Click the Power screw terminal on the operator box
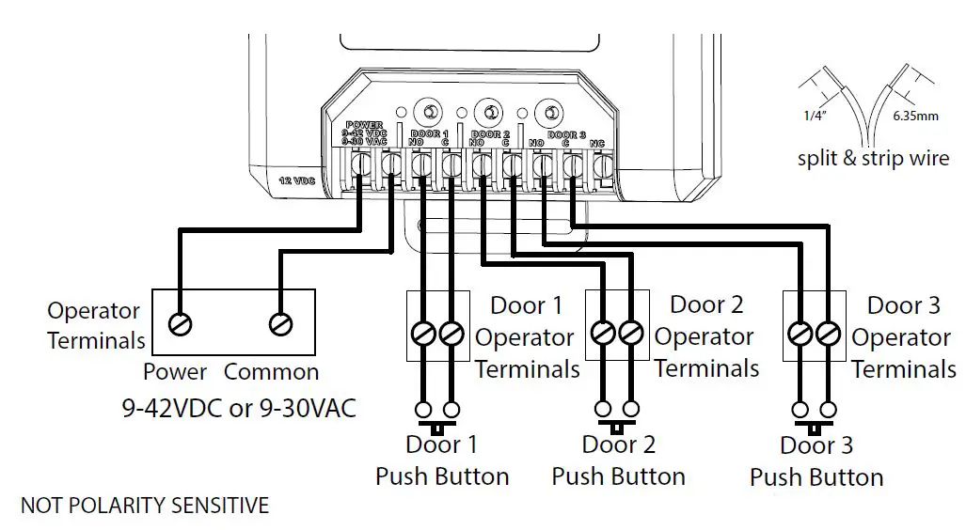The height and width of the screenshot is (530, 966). coord(180,324)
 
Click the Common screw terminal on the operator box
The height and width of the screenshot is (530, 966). coord(279,324)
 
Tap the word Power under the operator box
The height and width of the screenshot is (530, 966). coord(175,372)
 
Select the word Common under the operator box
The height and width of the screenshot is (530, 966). coord(271,372)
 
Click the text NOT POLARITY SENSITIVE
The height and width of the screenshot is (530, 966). coord(144,506)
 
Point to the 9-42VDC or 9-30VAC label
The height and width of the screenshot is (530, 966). coord(239,410)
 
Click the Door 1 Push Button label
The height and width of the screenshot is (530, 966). coord(441,460)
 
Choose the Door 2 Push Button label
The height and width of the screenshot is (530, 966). coord(618,460)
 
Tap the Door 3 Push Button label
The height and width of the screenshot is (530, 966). coord(816,461)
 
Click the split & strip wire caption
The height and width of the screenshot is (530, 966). coord(873,158)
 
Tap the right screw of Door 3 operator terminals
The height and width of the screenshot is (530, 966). coord(829,333)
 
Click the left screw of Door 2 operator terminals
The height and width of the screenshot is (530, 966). coord(603,333)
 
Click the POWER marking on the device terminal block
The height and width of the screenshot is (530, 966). coord(364,125)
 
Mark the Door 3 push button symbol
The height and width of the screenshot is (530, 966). coord(814,414)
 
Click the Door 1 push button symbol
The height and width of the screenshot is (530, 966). coord(437,414)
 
